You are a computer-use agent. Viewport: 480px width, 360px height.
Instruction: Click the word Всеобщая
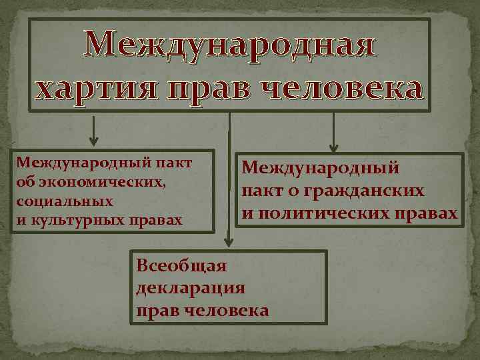181,267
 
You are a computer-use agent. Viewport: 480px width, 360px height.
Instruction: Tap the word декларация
191,289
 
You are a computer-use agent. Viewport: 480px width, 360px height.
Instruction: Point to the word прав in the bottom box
156,311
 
